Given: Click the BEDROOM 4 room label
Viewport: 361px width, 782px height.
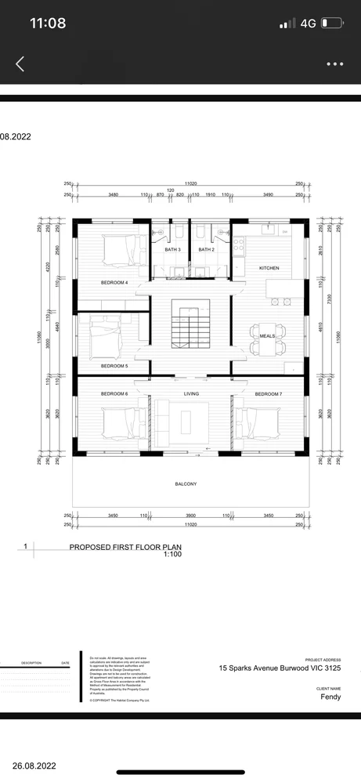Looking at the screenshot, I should [114, 282].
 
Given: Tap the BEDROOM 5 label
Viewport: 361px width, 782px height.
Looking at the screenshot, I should [114, 366].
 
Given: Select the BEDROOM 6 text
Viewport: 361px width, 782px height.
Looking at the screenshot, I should [114, 393].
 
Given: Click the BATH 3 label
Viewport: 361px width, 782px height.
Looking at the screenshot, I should [172, 249].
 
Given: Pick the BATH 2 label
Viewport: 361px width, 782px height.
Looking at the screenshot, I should [206, 249].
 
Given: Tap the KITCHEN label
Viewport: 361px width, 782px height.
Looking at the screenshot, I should [269, 268].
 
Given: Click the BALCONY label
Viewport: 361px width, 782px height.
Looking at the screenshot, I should [186, 484].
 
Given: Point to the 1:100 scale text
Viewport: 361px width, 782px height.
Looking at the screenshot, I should [172, 554].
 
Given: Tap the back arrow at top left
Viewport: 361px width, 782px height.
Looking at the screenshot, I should [20, 64].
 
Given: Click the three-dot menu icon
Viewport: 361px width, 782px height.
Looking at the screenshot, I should [335, 64].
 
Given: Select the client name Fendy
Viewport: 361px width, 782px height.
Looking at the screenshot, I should [330, 696].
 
